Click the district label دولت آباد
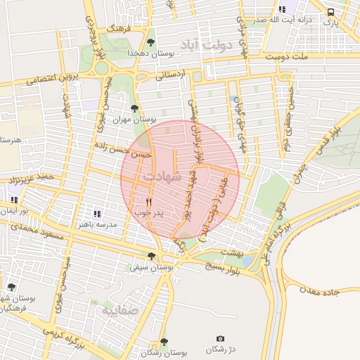[205, 46]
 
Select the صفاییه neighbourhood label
[120, 309]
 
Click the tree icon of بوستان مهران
[134, 108]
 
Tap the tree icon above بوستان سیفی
[151, 256]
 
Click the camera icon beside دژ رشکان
[220, 339]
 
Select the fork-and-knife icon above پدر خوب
[148, 201]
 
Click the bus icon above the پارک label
[330, 12]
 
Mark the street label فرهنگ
[115, 29]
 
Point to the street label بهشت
[230, 251]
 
